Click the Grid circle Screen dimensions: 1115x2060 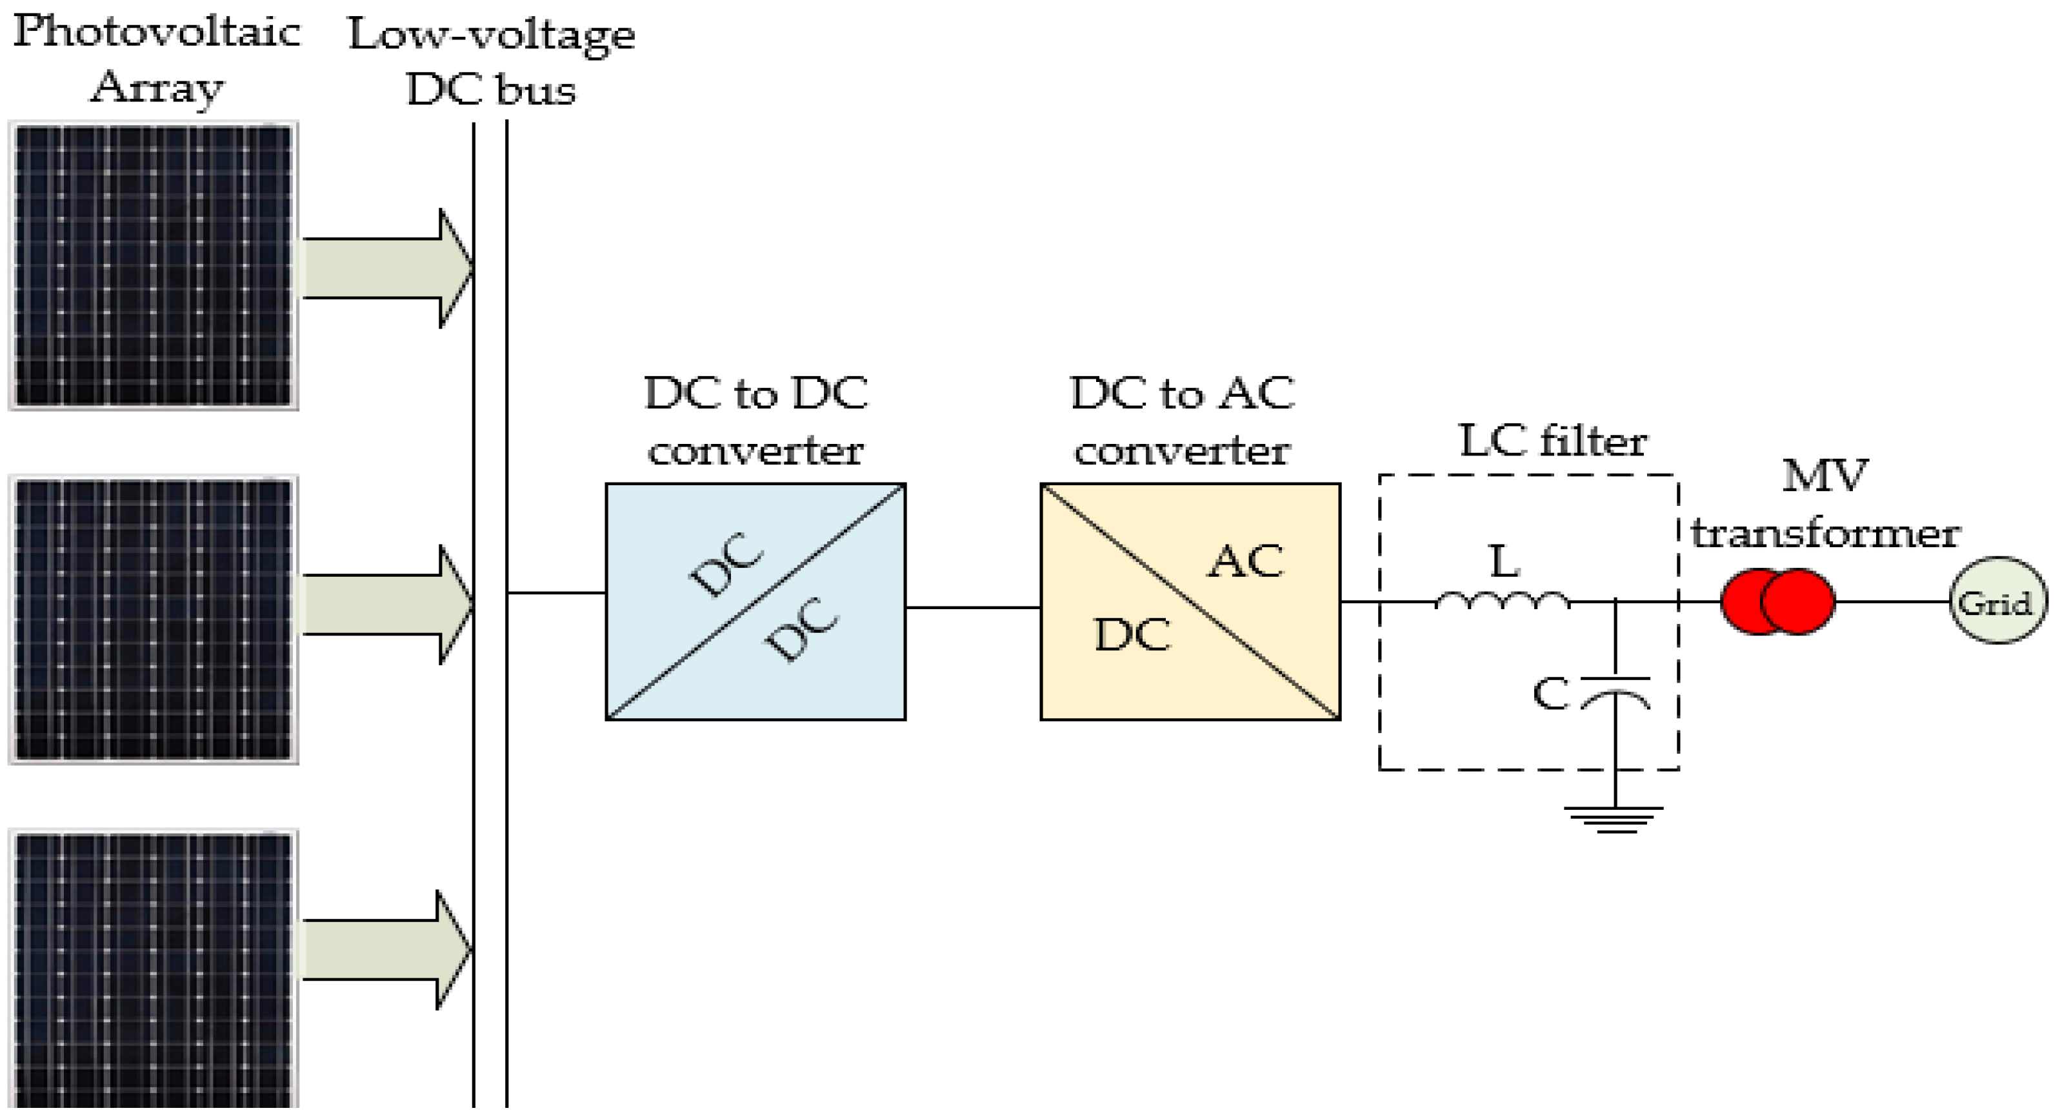[1997, 601]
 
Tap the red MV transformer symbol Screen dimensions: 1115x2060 [1777, 601]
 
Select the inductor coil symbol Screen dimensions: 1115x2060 [1503, 601]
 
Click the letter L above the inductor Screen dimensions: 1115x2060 [1503, 561]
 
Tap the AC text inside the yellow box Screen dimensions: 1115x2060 [1245, 561]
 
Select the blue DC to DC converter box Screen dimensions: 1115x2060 [755, 601]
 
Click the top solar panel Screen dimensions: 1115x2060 [153, 266]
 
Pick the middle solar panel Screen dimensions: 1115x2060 [153, 619]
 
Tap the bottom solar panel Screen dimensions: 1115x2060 [153, 968]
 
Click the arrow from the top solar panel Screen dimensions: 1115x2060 [384, 268]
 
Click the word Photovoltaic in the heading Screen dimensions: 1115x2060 [157, 32]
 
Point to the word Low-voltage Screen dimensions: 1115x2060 [491, 34]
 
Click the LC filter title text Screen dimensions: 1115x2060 [1552, 441]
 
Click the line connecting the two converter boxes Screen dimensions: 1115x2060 [972, 607]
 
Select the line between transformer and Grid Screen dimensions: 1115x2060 [1891, 601]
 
